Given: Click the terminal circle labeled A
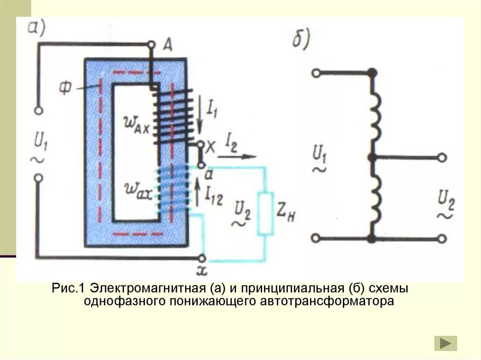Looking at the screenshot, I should [151, 45].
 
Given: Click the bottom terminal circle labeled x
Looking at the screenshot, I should [202, 258].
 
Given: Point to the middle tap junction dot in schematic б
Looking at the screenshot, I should [372, 158].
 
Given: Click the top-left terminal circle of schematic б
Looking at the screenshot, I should [316, 73].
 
